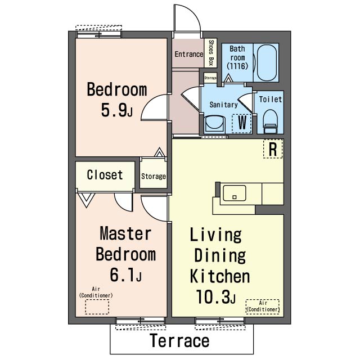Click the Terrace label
179,340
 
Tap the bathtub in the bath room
266,62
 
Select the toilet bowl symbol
270,121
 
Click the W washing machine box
241,124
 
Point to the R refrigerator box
273,148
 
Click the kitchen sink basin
234,193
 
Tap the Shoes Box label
211,53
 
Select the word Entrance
189,54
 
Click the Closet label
105,175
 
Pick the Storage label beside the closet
154,176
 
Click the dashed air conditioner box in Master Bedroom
97,307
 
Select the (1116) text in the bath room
237,66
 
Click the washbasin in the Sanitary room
214,124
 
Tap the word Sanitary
223,105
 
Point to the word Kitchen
220,276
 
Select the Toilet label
270,100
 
